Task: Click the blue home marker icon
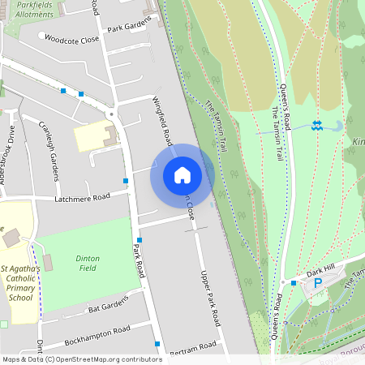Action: (x=182, y=175)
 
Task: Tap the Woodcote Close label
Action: (x=71, y=39)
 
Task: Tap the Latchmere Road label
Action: (x=82, y=197)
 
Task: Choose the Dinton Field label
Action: (x=88, y=262)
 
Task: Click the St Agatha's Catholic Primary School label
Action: (x=27, y=282)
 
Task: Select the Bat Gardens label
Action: (x=108, y=306)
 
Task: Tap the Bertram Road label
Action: (x=194, y=347)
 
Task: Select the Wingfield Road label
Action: (x=162, y=119)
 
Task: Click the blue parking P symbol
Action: (x=318, y=283)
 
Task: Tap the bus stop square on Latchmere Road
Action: (x=125, y=180)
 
